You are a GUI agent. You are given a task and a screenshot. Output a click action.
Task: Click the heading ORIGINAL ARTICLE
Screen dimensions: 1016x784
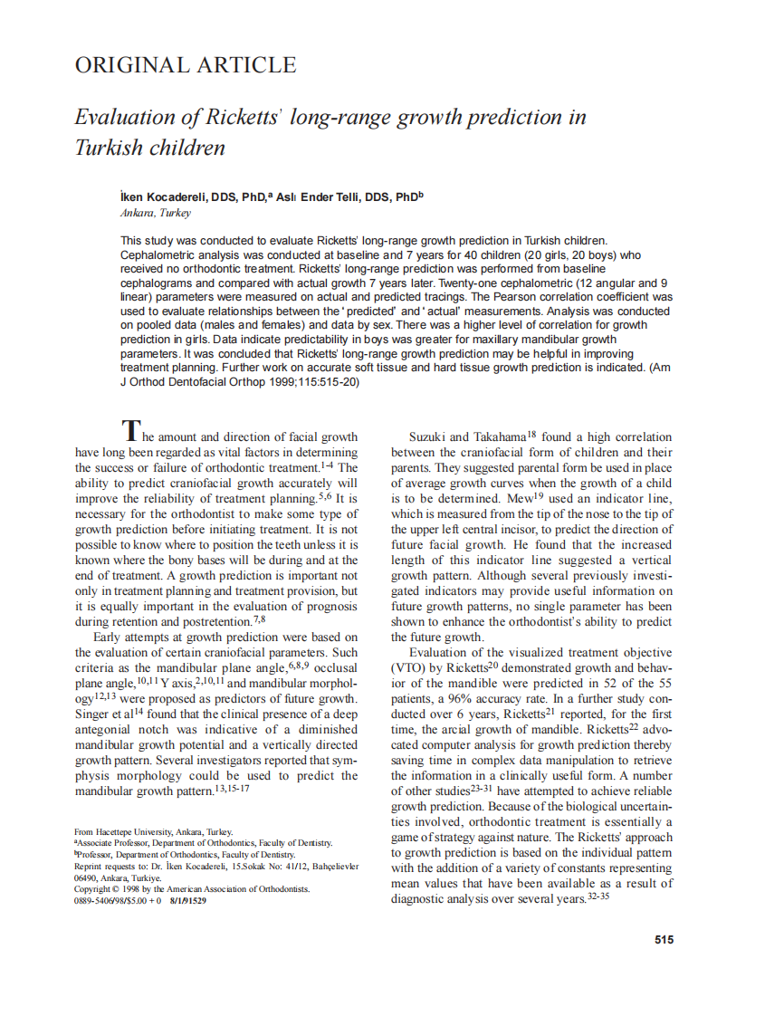tap(185, 65)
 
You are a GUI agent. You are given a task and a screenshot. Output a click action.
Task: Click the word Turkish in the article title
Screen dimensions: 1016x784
tap(112, 147)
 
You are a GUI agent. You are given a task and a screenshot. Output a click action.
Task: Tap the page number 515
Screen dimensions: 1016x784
tap(664, 940)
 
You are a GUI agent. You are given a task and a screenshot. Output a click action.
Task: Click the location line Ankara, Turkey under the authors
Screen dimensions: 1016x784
tap(155, 213)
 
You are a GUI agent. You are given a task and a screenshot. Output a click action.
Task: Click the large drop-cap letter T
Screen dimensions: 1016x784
tap(131, 430)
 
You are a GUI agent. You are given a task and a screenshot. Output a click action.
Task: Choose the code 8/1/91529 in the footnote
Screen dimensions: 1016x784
tap(186, 901)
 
